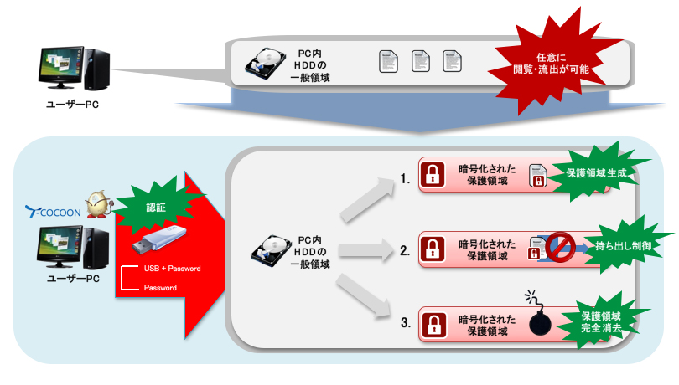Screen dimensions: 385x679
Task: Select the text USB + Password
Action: pos(172,269)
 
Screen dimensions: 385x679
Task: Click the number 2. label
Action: pos(405,249)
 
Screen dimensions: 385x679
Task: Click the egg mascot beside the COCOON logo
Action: pos(98,204)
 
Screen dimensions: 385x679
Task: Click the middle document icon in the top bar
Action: pos(420,61)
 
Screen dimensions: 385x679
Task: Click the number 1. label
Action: pos(405,179)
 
